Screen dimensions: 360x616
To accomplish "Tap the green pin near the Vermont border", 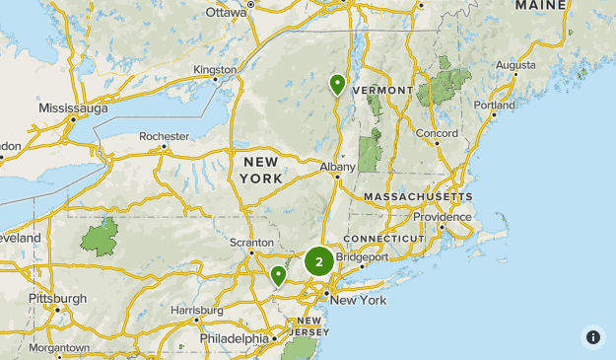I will (338, 84).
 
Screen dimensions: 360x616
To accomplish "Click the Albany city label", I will (337, 168).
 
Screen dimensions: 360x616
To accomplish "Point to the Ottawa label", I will (227, 13).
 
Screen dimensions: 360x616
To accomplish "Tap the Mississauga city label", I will (73, 108).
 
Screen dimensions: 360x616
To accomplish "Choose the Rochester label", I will (164, 136).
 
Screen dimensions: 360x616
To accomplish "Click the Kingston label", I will (216, 70).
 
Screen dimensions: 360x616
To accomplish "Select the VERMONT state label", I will (381, 90).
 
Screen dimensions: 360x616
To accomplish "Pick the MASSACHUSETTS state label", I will (418, 197).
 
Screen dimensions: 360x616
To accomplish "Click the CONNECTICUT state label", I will (383, 240).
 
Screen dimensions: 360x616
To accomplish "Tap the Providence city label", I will (443, 217).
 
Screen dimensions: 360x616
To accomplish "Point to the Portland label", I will (494, 105).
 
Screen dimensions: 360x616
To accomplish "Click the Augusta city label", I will (515, 65).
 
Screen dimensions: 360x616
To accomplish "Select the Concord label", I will (437, 133).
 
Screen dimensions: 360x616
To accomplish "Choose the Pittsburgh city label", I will (57, 298).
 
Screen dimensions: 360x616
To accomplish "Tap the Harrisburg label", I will (197, 310).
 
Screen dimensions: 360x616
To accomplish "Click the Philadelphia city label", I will (234, 338).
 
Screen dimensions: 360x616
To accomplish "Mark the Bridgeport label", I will (362, 256).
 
